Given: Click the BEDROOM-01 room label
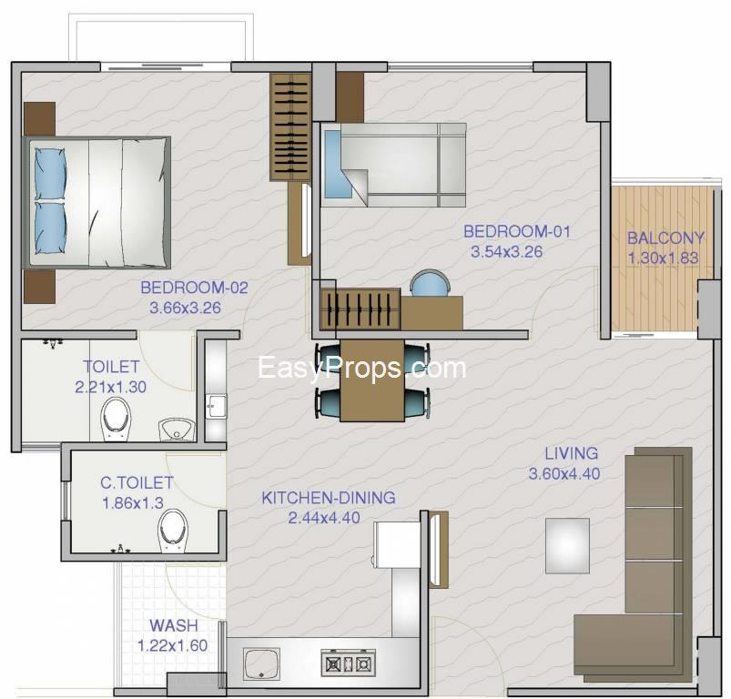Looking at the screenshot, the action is [x=517, y=231].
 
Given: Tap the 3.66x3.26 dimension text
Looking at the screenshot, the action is [x=185, y=308].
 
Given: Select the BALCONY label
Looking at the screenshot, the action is [x=665, y=238].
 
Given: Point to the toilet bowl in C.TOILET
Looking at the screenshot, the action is [x=173, y=531].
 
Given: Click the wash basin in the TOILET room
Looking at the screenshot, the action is [x=178, y=430].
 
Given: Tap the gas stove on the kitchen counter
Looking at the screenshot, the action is [x=349, y=663].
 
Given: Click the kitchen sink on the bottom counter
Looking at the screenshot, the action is [x=261, y=664].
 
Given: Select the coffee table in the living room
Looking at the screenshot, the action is [x=567, y=545].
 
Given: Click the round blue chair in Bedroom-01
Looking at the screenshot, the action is [x=430, y=283].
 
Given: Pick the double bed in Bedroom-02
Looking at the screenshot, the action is [x=97, y=203].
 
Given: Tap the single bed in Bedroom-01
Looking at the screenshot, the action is [x=394, y=165].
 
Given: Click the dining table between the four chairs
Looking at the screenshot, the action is [x=372, y=380].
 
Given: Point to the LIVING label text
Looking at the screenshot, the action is [x=572, y=453].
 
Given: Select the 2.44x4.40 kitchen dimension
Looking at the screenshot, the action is [x=324, y=518].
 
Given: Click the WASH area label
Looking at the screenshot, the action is [x=174, y=625].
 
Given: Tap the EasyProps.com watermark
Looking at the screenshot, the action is [x=361, y=368].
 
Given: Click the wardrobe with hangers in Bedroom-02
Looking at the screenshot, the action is [x=290, y=127].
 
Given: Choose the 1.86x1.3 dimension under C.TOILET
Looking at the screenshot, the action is [x=132, y=503].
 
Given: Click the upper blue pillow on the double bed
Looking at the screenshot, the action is [x=50, y=173].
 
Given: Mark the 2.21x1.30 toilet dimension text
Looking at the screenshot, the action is [x=110, y=387].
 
